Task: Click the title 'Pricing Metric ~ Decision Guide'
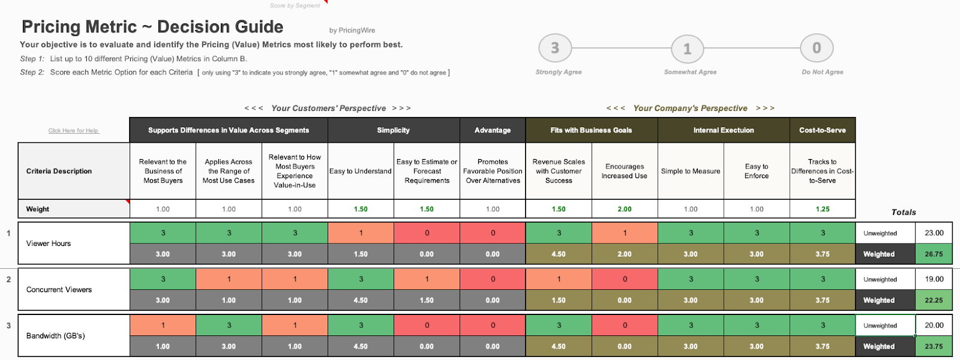click(152, 27)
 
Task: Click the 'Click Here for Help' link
click(73, 130)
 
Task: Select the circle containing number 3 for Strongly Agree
click(555, 48)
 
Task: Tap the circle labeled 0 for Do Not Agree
click(817, 48)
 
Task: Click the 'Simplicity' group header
click(394, 130)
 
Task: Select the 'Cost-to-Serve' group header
click(822, 130)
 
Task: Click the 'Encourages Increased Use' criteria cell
click(625, 171)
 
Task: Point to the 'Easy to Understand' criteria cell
click(361, 171)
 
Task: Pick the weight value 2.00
click(625, 209)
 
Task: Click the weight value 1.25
click(823, 209)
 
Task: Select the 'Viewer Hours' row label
click(49, 244)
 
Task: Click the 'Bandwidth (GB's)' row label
click(56, 336)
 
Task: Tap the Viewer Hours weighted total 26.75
click(934, 254)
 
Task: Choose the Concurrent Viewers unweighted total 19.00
click(934, 279)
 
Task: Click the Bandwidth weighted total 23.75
click(934, 347)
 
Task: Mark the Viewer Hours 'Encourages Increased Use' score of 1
click(625, 233)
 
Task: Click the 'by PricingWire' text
click(352, 31)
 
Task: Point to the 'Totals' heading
click(904, 212)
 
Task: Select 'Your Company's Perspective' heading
click(690, 109)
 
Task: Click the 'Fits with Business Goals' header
click(591, 130)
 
